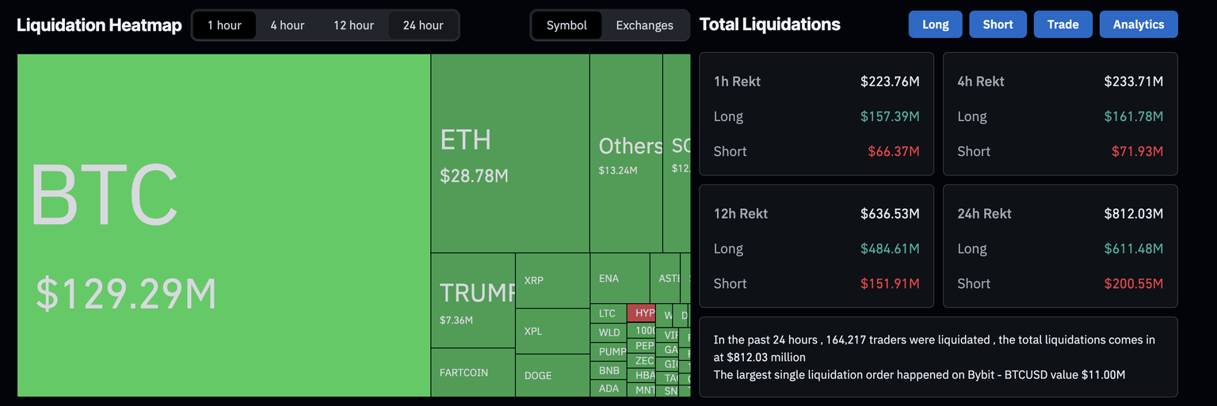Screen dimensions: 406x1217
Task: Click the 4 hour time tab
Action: tap(287, 25)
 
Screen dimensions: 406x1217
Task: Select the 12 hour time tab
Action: tap(353, 25)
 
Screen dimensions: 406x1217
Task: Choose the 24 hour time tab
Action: tap(423, 25)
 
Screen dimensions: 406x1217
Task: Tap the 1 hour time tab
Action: tap(224, 25)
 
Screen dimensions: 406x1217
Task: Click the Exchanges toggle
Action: tap(644, 25)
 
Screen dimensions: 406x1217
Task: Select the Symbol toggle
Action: tap(567, 25)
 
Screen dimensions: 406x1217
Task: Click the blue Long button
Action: tap(935, 25)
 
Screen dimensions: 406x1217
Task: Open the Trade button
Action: tap(1062, 25)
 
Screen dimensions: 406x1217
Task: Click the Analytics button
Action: tap(1138, 25)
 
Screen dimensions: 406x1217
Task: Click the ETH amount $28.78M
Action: tap(474, 176)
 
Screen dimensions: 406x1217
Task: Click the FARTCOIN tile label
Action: tap(464, 372)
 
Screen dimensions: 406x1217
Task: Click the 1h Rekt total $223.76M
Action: tap(890, 82)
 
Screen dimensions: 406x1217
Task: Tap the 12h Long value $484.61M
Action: tap(890, 249)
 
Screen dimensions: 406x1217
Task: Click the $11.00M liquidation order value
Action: tap(1097, 374)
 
